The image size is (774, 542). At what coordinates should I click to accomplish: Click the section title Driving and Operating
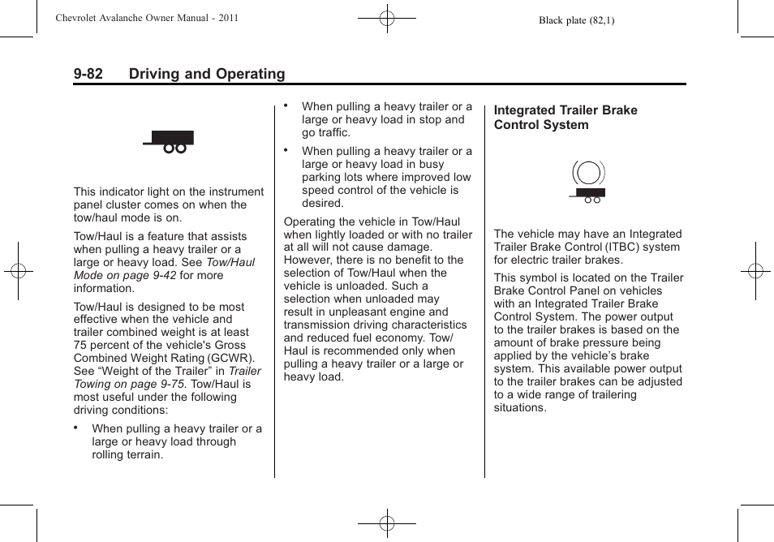[207, 74]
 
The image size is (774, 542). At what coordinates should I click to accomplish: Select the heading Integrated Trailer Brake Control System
[565, 118]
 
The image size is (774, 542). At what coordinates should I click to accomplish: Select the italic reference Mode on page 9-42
[125, 275]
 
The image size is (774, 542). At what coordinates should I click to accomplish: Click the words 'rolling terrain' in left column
[127, 454]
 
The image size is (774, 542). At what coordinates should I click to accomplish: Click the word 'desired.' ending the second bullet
[323, 203]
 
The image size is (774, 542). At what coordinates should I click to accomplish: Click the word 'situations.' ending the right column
[520, 407]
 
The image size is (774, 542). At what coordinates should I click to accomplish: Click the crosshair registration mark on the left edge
[17, 271]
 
